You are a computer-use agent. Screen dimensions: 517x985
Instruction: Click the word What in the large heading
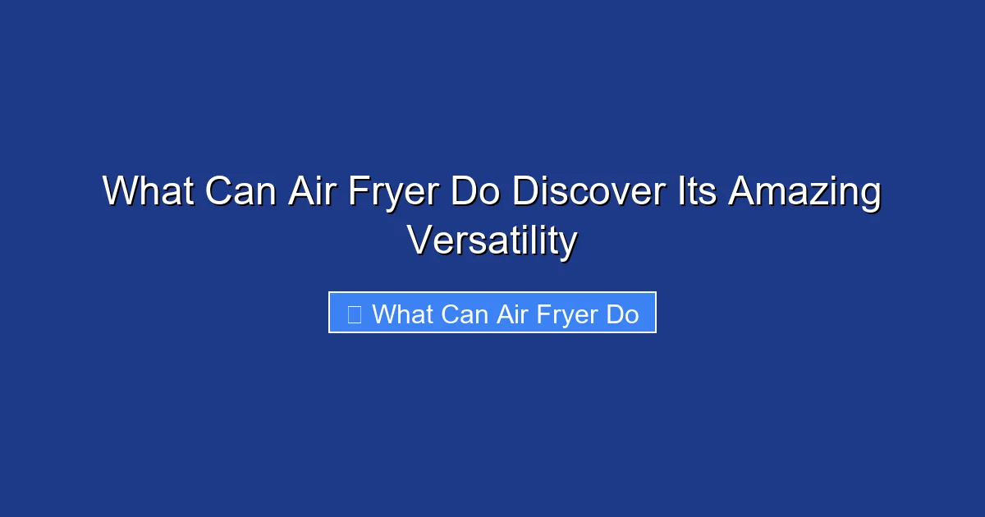pos(147,192)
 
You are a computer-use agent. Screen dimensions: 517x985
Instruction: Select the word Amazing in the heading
pos(805,192)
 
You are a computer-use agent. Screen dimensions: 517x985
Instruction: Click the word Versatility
pos(492,240)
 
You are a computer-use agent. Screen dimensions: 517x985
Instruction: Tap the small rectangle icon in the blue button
pos(355,313)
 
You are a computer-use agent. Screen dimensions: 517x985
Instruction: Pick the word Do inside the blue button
pos(623,313)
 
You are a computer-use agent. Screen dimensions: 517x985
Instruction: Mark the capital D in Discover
pos(526,192)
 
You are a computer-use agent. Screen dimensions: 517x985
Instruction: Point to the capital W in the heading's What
pos(121,192)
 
